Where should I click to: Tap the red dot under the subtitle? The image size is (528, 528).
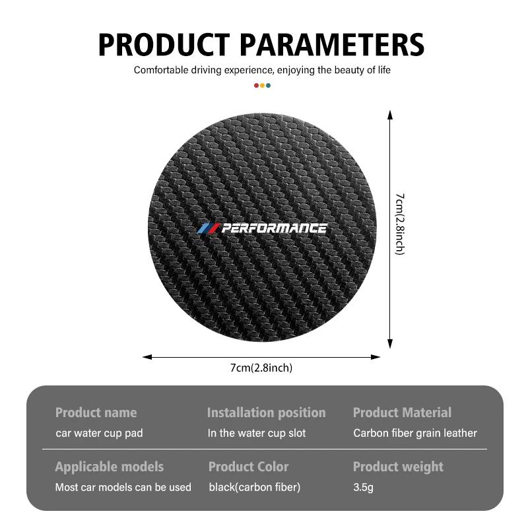coord(257,85)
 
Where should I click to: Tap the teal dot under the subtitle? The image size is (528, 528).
coord(268,85)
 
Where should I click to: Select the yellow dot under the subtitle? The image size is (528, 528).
coord(262,85)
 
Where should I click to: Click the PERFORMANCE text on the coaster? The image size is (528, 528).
coord(274,228)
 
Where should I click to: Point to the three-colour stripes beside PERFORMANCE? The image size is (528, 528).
coord(207,228)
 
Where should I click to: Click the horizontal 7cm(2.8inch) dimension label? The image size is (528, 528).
coord(261,368)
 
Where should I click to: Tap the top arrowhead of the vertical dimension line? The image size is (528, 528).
coord(390,115)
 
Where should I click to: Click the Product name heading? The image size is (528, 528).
coord(96,413)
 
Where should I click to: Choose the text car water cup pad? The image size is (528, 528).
coord(99,434)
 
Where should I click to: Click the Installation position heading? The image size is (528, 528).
coord(266,413)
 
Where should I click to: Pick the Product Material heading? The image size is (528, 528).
coord(402,413)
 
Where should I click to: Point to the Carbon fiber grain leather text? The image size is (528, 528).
coord(414,434)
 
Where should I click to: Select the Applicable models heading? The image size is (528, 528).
coord(109,467)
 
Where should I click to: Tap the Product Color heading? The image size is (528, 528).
coord(248,467)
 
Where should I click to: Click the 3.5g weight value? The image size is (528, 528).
coord(364,488)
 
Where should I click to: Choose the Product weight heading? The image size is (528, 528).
coord(398,467)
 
